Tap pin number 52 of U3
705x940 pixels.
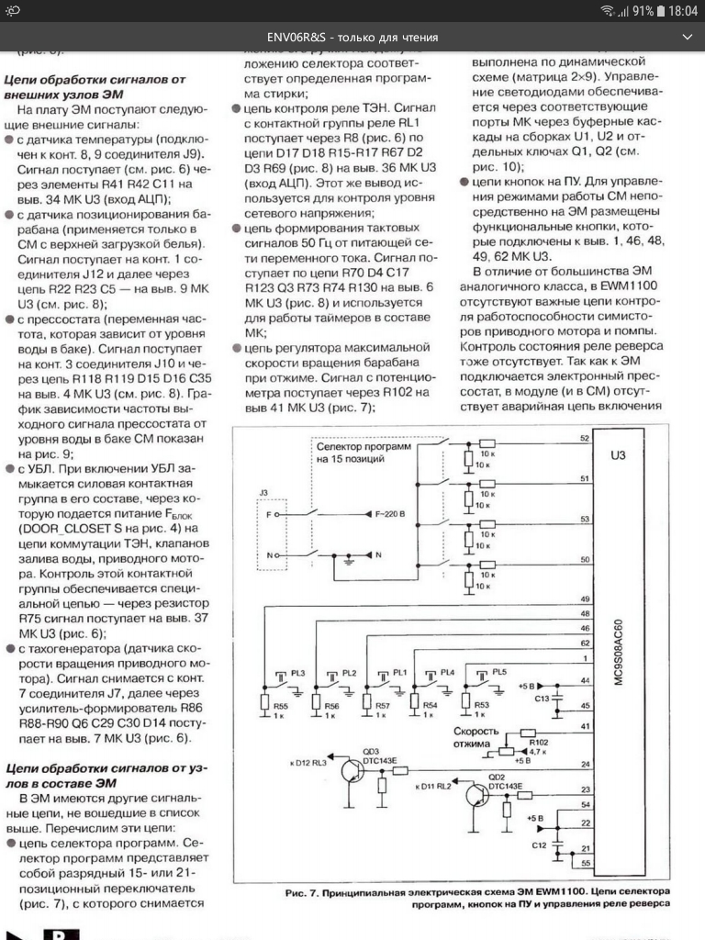click(585, 438)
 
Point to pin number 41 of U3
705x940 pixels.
click(585, 727)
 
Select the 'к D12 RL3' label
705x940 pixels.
click(307, 764)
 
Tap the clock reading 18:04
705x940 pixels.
click(682, 11)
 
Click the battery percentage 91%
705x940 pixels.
click(642, 11)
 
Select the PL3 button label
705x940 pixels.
click(297, 673)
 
